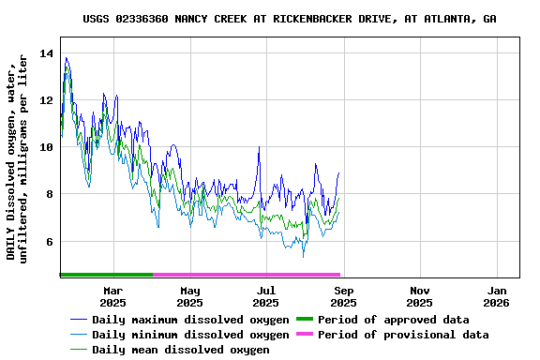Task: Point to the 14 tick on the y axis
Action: tap(46, 53)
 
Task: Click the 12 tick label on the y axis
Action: tap(46, 100)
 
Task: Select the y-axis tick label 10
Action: tap(46, 147)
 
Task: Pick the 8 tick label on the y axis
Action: tap(50, 194)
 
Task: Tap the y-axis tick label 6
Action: tap(50, 241)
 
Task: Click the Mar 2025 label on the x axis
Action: tap(112, 296)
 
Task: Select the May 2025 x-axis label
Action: tap(189, 296)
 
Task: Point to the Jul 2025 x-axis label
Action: tap(266, 296)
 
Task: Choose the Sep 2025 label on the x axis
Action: tap(343, 296)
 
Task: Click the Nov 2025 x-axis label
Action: tap(420, 296)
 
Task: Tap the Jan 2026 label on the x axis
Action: tap(497, 296)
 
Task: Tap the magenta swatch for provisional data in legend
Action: tap(305, 335)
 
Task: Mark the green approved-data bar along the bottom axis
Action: tap(106, 275)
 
